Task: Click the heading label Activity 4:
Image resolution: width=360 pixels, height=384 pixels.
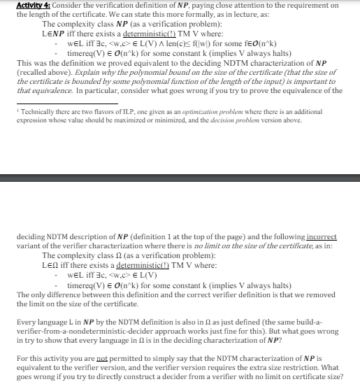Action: click(33, 6)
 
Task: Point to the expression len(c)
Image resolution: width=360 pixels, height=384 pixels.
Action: click(160, 45)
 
